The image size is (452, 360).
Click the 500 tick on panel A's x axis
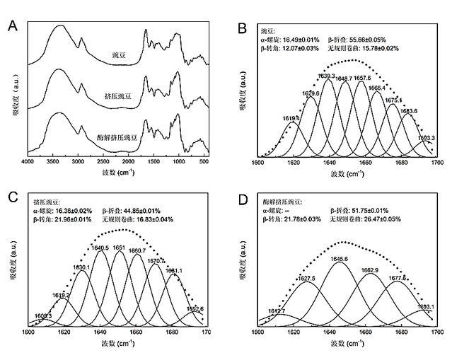(204, 163)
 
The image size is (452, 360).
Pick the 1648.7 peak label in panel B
(344, 79)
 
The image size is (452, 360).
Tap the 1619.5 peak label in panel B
(291, 118)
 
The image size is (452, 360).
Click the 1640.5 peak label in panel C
(100, 248)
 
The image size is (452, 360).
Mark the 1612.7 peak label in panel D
(277, 310)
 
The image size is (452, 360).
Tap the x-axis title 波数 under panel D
(342, 342)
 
